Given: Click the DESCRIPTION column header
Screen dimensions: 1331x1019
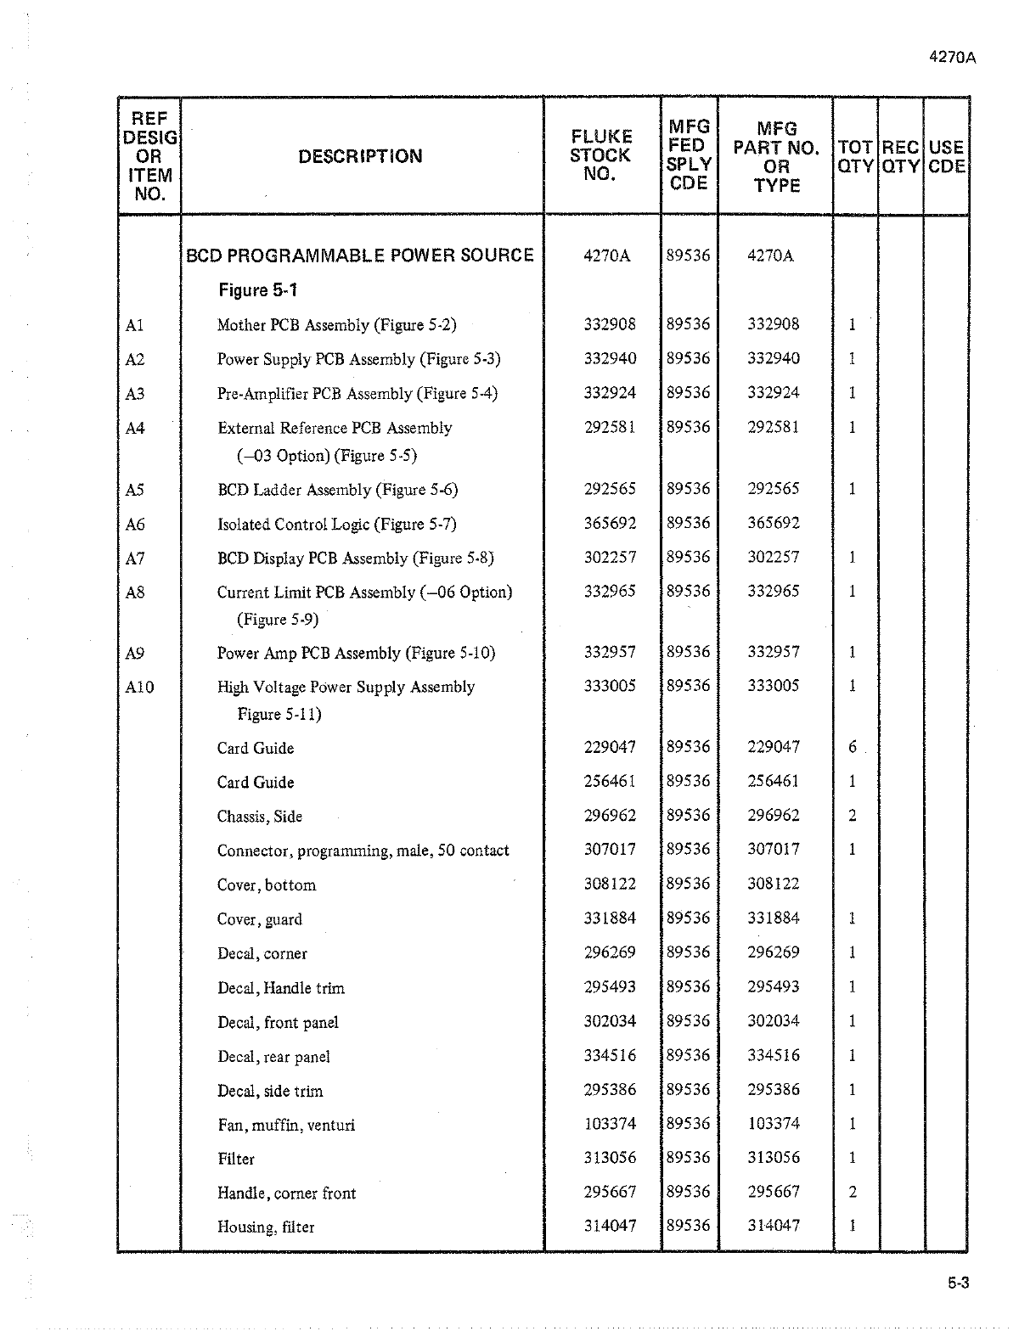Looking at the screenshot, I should (360, 156).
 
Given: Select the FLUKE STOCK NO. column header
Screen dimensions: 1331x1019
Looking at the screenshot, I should (600, 155).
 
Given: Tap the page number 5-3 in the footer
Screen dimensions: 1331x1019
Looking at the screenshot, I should (958, 1283).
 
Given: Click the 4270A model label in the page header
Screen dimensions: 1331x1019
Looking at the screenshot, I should (953, 58).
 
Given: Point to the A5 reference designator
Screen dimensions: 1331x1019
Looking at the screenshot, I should (135, 490).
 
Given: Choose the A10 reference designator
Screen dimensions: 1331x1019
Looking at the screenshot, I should (139, 687).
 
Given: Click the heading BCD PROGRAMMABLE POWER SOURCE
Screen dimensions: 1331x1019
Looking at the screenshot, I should (360, 256).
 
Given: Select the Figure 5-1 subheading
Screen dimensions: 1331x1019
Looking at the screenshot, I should (258, 290).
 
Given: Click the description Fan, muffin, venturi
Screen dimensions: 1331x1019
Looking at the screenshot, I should (286, 1126).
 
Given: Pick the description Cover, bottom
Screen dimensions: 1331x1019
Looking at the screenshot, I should (267, 885).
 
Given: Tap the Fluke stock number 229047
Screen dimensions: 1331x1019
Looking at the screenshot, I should (610, 747).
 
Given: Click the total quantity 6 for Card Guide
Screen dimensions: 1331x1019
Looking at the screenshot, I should (853, 747).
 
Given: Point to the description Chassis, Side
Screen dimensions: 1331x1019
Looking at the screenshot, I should (260, 817).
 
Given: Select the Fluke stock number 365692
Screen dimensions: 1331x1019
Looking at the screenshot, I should (610, 523).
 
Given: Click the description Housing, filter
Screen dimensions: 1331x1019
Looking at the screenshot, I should (266, 1227).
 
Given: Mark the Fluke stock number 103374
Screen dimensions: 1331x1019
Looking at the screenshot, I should (610, 1124).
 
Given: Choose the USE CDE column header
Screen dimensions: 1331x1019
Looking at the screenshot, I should (946, 156).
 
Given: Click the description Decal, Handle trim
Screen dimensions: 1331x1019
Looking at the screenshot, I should (281, 988).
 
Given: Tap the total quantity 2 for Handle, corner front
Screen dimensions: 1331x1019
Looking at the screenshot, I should (853, 1192).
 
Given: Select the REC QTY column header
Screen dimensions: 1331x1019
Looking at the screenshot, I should (901, 156).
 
